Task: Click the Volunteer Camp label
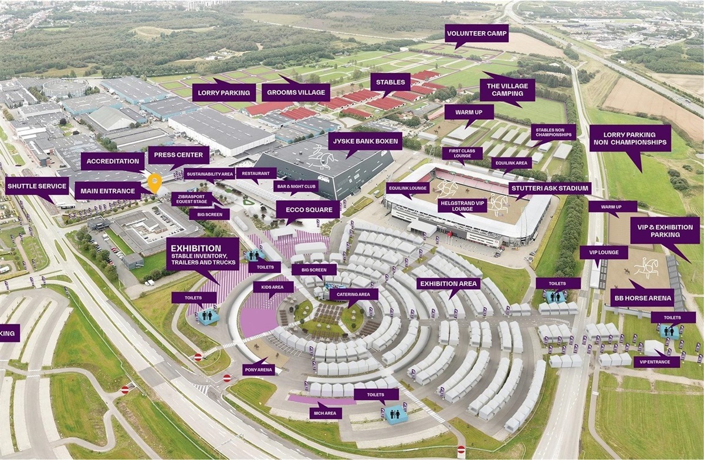476,33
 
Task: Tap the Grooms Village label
296,92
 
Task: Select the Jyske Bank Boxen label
365,141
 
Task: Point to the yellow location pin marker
154,182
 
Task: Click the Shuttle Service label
37,186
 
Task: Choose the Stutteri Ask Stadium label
550,189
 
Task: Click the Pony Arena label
258,370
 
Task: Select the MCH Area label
326,414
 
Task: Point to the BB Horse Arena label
642,298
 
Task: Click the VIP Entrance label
656,362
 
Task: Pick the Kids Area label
273,287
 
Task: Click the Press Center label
178,156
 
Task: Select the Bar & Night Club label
296,186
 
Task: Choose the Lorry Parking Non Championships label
630,138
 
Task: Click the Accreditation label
112,162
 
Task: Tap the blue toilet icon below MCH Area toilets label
395,414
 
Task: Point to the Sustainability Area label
209,174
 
